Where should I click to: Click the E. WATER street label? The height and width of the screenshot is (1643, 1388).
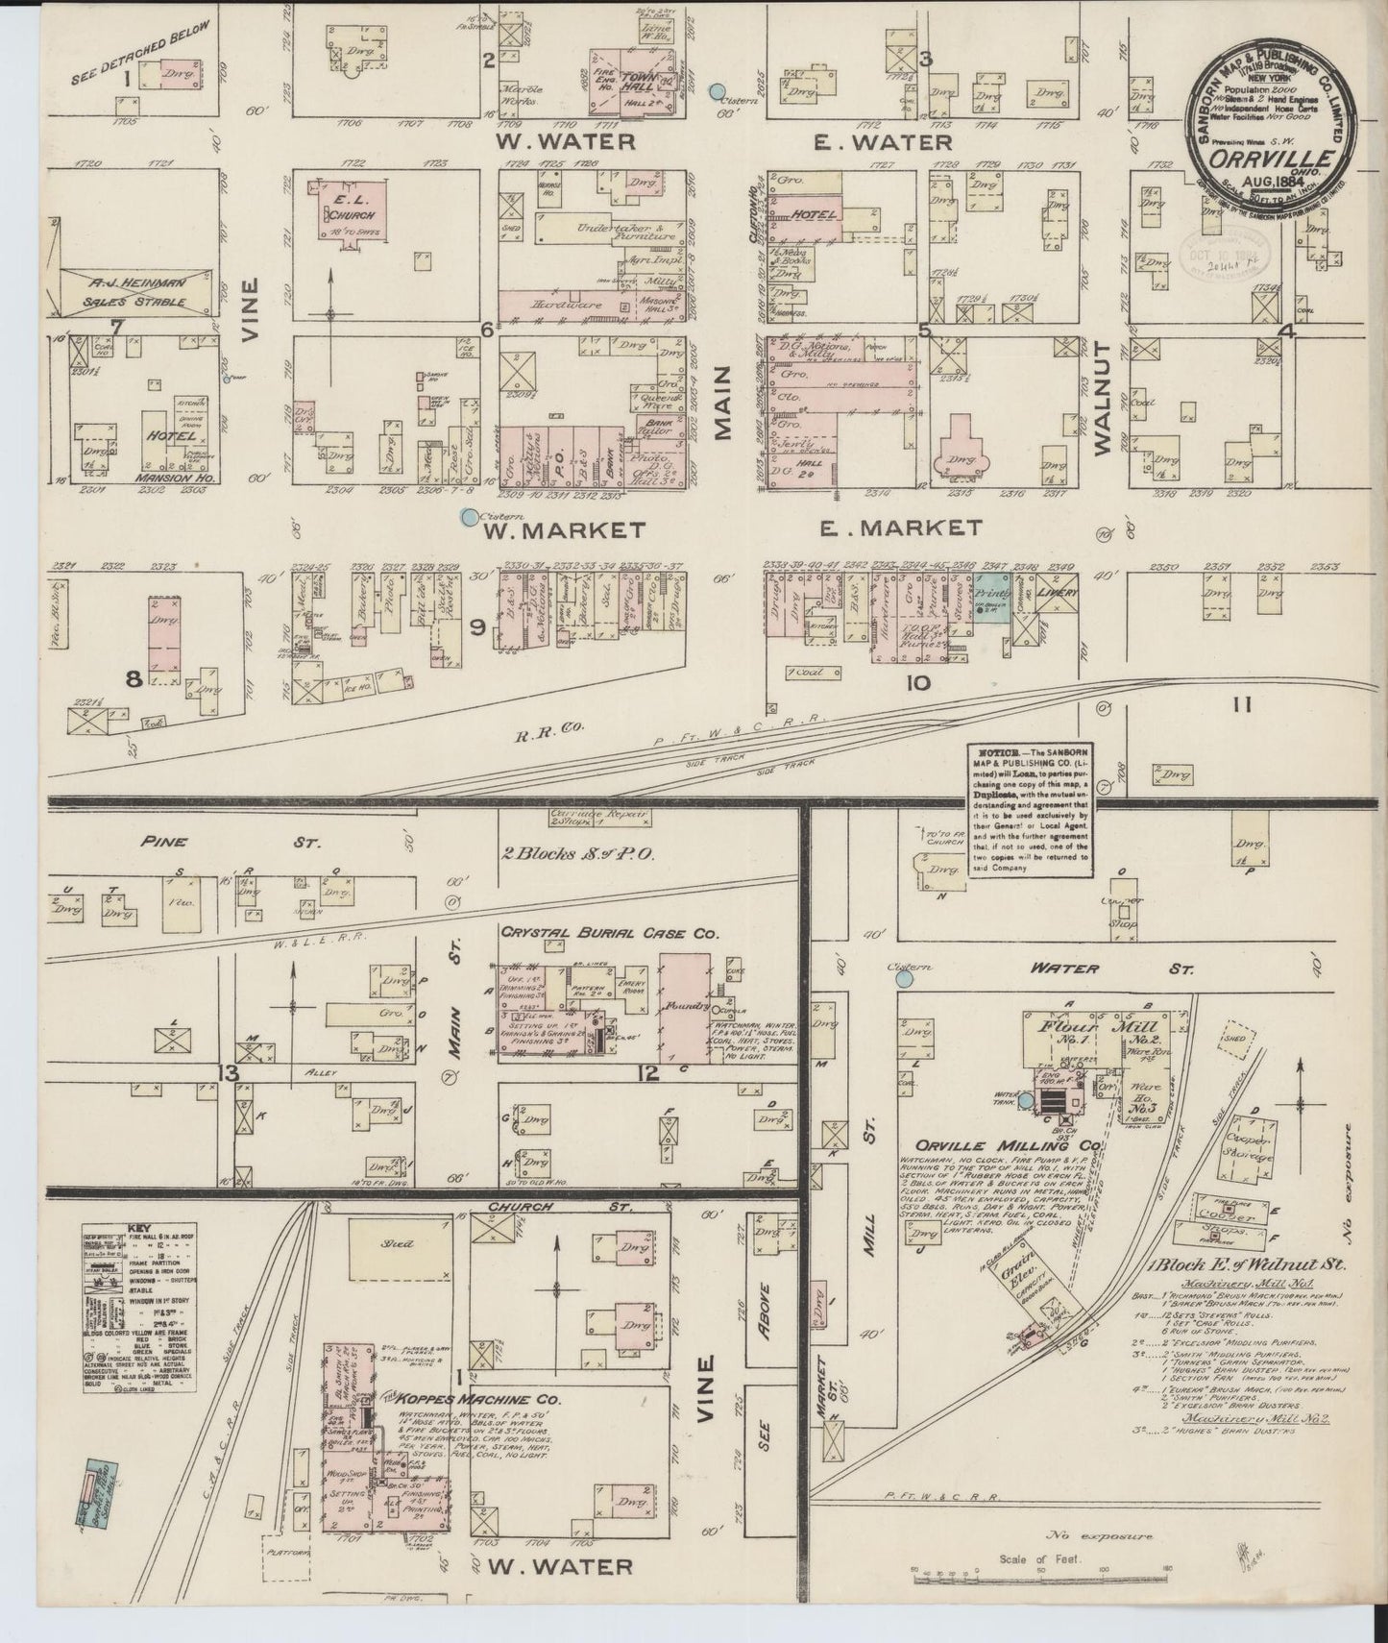pyautogui.click(x=884, y=142)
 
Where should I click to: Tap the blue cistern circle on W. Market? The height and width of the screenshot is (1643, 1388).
pyautogui.click(x=469, y=517)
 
